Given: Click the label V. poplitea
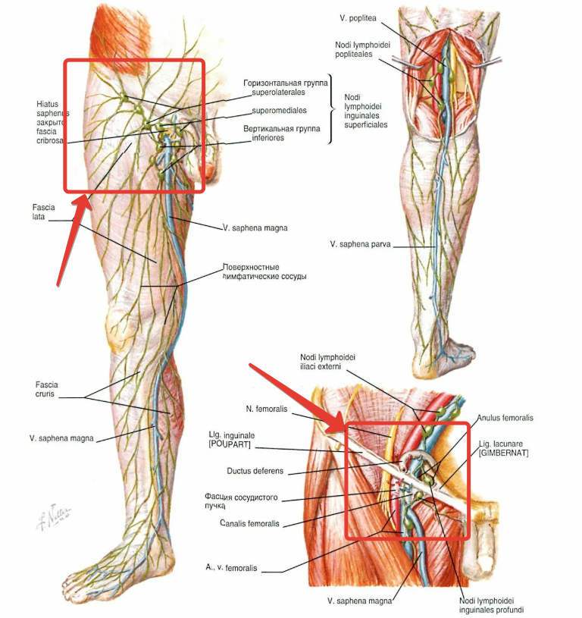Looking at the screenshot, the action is coord(358,18).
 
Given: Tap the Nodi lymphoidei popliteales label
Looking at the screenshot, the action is coord(362,49).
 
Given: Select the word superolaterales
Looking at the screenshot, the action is coord(278,93).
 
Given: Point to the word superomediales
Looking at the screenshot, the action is coord(279,111).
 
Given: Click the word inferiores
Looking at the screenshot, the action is coord(268,138).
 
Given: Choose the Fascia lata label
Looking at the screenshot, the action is coord(43,212).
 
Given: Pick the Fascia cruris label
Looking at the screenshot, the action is coord(46,389).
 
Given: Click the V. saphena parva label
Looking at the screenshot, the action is coord(360,244).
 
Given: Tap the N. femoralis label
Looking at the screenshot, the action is coord(267,409).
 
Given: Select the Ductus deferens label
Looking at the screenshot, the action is coord(255,471).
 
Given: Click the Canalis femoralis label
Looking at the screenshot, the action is coord(249,523).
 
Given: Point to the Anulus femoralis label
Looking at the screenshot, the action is coord(505,418).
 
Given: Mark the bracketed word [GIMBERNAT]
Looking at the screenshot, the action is coord(504,453).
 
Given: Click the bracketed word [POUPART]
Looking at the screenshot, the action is coord(229,444).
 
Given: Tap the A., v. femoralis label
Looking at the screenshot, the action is coord(231,567).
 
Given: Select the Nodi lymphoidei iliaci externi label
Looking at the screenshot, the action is coord(327,362).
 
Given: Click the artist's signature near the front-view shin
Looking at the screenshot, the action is coord(54,517).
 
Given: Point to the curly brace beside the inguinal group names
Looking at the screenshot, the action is coord(331,109).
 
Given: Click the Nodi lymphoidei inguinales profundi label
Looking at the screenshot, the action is coord(491,605).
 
